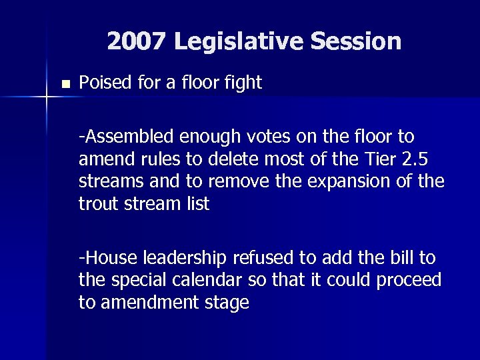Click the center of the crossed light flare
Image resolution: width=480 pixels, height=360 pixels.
click(x=47, y=97)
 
